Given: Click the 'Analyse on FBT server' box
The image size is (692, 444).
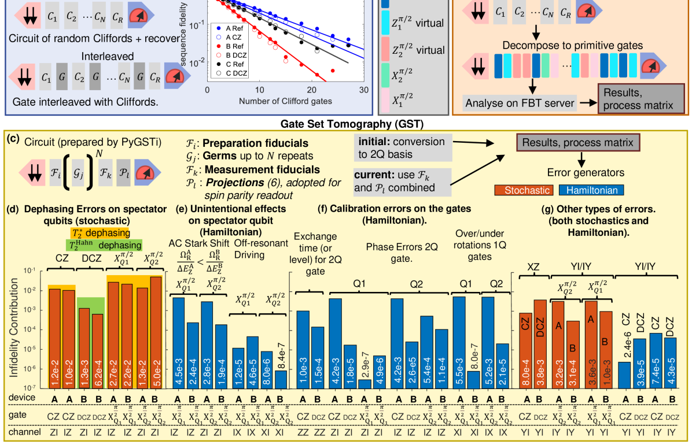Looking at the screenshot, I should pos(520,103).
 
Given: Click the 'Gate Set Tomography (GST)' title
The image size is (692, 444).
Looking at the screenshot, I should pos(346,124).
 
